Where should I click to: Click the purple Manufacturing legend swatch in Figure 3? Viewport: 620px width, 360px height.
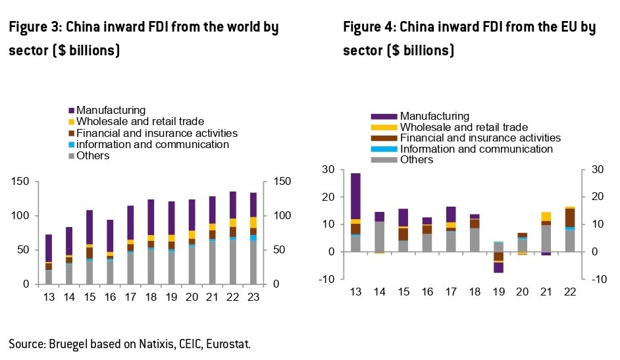71,111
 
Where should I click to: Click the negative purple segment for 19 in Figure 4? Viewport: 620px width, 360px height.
498,268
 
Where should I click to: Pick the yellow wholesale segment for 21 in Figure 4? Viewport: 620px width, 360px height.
546,216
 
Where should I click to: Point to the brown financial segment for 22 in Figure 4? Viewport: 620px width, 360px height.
570,218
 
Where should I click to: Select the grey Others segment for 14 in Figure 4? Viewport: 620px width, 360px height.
379,236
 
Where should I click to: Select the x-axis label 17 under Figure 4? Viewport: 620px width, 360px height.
451,292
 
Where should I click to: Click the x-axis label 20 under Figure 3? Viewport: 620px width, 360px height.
192,297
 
